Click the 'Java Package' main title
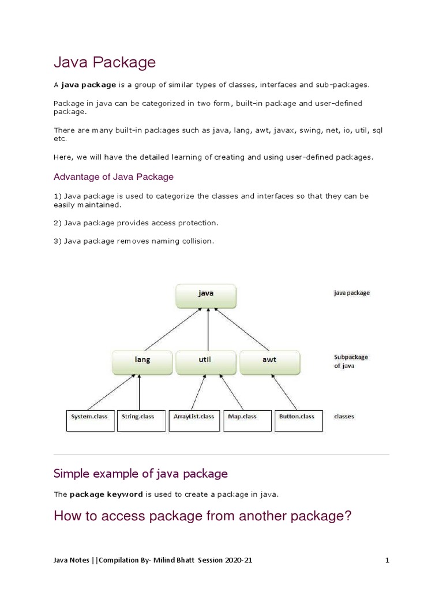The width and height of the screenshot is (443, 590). click(104, 62)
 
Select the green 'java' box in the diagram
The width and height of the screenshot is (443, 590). click(206, 295)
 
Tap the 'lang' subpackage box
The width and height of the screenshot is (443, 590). click(142, 362)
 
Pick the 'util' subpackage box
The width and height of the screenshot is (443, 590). click(205, 362)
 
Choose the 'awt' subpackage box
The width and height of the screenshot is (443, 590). click(269, 362)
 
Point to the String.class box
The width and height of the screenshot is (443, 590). click(140, 420)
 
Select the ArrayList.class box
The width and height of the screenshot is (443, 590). click(194, 420)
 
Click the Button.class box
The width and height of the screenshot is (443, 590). click(297, 420)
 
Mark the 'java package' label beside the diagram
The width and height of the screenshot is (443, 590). click(352, 293)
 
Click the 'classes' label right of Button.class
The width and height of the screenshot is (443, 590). click(344, 416)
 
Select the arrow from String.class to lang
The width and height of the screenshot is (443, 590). click(140, 392)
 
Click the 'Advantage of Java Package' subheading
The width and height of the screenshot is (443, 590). click(114, 176)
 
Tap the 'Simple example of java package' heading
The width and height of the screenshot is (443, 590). click(140, 474)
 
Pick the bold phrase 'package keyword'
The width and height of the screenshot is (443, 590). click(106, 494)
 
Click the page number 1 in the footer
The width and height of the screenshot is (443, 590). click(388, 560)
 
